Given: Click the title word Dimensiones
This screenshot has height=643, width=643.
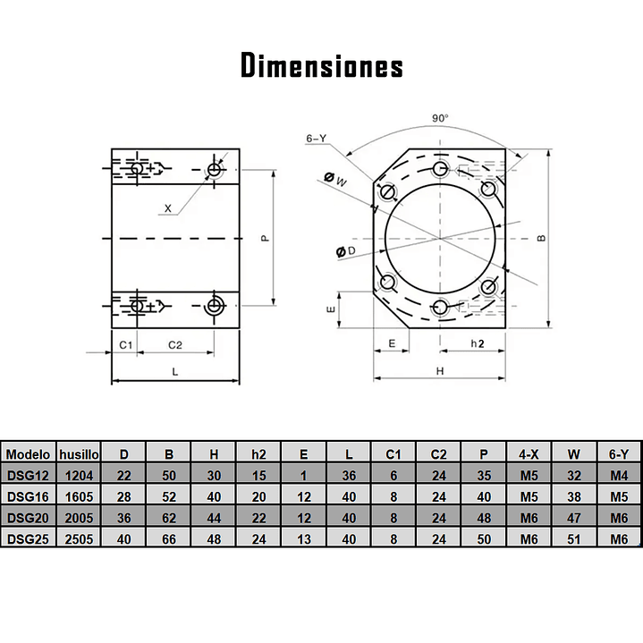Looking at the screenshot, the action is coord(322,65).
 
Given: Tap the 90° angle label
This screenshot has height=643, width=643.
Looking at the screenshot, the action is coord(440,118).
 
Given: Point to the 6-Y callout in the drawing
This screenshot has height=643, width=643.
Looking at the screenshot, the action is coord(316,139).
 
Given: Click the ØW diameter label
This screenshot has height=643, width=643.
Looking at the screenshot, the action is coord(335,180).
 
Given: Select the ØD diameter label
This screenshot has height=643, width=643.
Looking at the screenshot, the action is coord(346,251).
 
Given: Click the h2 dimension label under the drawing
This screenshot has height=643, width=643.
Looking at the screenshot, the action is coord(477,343).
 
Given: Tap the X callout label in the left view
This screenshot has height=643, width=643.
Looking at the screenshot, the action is coord(168,208).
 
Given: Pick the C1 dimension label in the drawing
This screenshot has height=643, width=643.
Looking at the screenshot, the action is coord(126,345).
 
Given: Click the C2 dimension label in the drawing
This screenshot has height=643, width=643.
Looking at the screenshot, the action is coord(175,345).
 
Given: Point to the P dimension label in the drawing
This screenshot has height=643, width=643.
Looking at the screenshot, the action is coord(266,238).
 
